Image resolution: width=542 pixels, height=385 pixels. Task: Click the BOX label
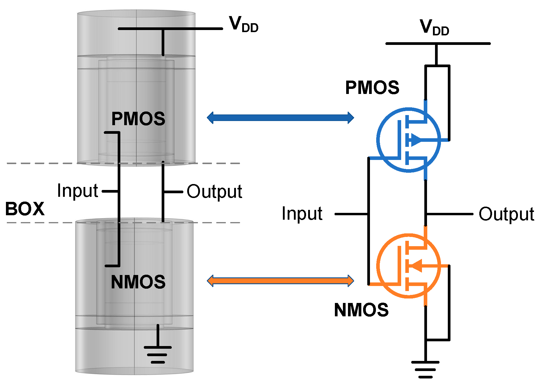click(25, 209)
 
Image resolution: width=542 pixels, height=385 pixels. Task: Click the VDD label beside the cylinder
click(243, 24)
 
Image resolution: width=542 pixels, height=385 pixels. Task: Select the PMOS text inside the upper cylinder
click(138, 119)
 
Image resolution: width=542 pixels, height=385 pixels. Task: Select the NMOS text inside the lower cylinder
click(138, 282)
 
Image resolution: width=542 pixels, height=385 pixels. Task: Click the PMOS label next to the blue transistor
click(372, 87)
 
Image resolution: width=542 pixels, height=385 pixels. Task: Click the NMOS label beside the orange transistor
click(361, 310)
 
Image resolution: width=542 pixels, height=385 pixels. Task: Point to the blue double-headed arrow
click(280, 118)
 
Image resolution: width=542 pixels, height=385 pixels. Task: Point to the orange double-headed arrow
click(280, 281)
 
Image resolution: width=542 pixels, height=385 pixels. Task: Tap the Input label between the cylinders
click(78, 191)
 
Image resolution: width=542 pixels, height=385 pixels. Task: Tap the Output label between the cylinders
click(214, 191)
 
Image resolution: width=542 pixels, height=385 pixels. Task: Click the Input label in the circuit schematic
click(302, 213)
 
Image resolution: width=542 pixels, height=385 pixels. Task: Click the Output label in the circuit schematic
click(506, 214)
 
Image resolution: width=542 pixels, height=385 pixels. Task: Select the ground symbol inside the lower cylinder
click(157, 354)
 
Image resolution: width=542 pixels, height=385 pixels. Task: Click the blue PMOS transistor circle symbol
click(409, 140)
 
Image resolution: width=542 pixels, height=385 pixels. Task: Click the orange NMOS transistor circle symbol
click(409, 265)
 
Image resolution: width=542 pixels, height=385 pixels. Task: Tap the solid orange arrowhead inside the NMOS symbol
click(417, 265)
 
